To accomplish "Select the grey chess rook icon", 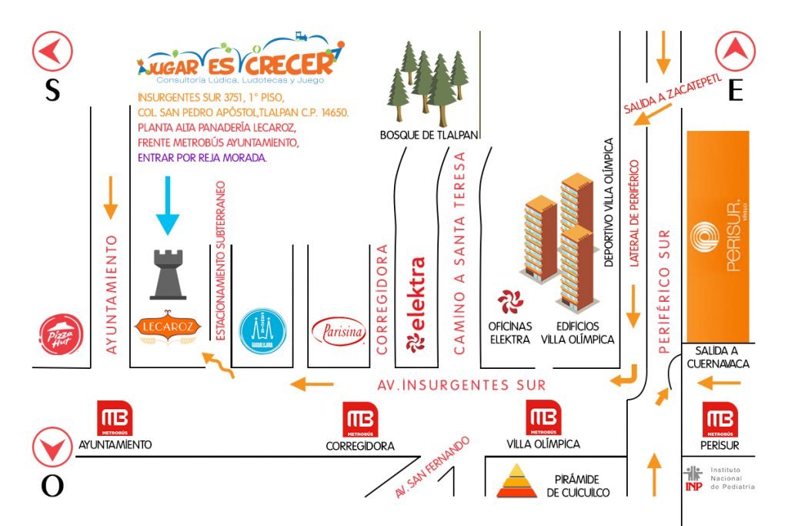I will (168, 274).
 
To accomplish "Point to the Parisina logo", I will (339, 332).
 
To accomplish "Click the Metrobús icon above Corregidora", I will (360, 420).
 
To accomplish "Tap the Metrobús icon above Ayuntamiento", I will (115, 419).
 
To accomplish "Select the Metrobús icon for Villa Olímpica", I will (543, 419).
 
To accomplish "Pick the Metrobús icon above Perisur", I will (720, 420).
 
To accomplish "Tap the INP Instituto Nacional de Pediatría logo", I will (693, 477).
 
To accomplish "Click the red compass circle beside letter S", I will (52, 52).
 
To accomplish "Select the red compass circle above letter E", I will (736, 52).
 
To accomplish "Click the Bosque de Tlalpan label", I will (429, 135).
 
